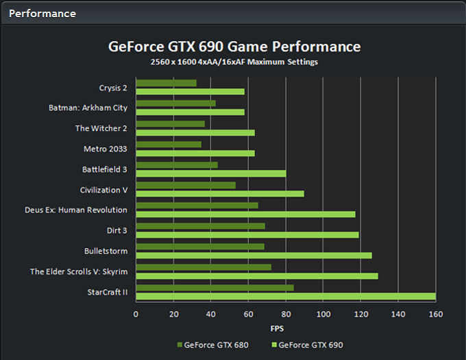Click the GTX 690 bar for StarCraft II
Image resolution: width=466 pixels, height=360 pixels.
pos(285,296)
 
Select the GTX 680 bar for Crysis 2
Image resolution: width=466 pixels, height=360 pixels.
pos(166,83)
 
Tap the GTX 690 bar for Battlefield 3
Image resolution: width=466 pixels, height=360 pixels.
pos(210,173)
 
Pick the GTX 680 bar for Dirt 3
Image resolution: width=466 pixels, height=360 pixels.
pos(200,226)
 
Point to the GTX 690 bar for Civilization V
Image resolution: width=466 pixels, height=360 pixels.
pos(219,193)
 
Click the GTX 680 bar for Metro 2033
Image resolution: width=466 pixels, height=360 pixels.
pos(169,144)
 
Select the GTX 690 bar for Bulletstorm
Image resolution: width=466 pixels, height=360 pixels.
pos(254,255)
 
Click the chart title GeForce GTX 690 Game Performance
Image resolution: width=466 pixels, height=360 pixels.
pos(234,47)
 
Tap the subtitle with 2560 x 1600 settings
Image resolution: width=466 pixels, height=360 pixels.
pos(234,62)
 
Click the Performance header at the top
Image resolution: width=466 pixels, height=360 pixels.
pos(42,13)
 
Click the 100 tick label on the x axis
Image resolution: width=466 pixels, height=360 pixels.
pos(323,314)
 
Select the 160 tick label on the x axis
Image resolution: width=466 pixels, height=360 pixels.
pos(435,314)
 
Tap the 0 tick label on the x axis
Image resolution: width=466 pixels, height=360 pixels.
pos(136,314)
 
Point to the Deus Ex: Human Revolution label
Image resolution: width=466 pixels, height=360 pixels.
pos(76,210)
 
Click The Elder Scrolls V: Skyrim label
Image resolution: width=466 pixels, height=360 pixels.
pos(79,272)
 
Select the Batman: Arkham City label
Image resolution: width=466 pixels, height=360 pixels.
pos(88,108)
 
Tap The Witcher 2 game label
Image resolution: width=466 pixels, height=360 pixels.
pos(101,128)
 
